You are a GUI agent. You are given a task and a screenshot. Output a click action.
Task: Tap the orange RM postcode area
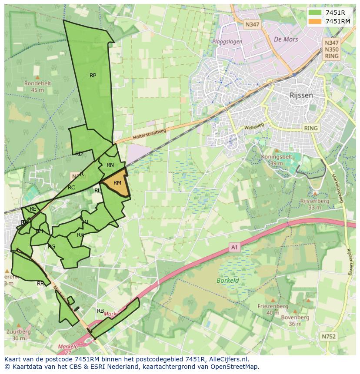click(117, 184)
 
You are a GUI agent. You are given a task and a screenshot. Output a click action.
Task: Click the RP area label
click(93, 76)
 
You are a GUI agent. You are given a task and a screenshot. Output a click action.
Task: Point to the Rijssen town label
click(301, 95)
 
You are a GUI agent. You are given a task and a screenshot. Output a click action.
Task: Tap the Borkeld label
click(228, 280)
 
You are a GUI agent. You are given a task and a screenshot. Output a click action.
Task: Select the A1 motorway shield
click(234, 247)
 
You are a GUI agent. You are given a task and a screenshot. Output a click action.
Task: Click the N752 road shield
click(329, 336)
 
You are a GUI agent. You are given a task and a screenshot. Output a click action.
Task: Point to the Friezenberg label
click(273, 306)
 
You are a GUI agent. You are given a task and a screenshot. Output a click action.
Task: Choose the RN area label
click(110, 165)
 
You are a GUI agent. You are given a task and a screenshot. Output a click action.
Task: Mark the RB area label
click(100, 311)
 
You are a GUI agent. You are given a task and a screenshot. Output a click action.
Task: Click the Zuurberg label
click(18, 331)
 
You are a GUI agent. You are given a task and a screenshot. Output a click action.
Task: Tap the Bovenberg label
click(295, 318)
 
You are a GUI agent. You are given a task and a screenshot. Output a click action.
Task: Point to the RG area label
click(52, 247)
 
